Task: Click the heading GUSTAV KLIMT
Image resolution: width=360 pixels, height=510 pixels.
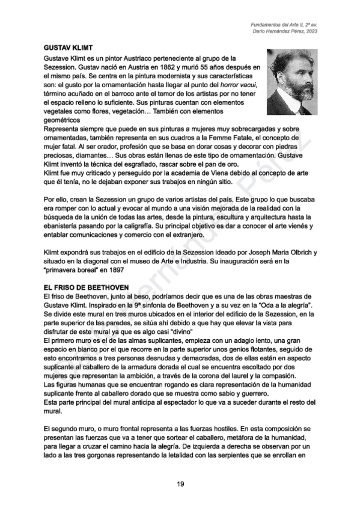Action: (68, 47)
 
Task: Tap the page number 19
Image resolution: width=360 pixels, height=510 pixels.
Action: (180, 484)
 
